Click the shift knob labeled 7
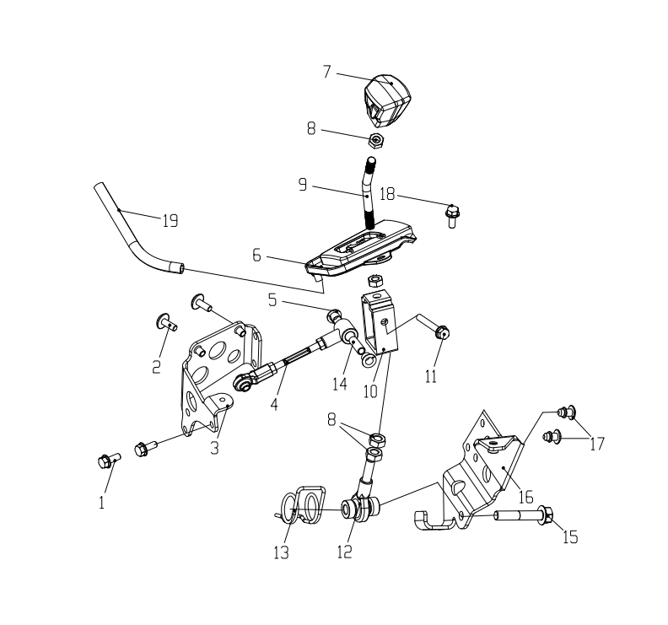click(x=388, y=100)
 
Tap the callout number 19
click(x=170, y=221)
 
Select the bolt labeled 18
click(x=452, y=216)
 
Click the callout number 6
click(x=256, y=256)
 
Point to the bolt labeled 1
click(x=110, y=461)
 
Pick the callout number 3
click(x=214, y=447)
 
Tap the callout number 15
click(x=570, y=537)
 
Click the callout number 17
click(x=597, y=444)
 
